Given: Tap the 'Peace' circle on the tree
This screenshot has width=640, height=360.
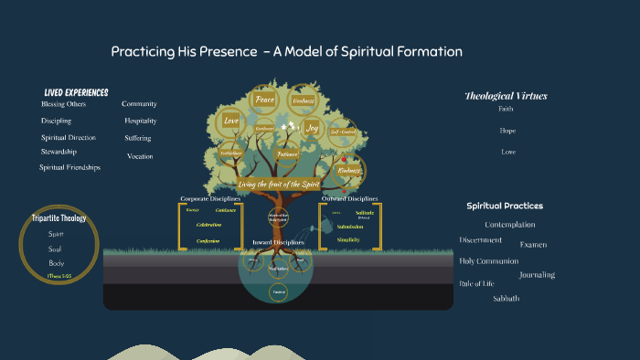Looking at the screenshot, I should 265,99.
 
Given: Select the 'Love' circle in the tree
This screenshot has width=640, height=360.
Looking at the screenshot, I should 231,121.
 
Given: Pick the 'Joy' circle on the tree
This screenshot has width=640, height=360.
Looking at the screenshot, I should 312,128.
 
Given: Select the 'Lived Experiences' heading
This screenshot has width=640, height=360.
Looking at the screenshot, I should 76,92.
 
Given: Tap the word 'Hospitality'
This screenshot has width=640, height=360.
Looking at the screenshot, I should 141,121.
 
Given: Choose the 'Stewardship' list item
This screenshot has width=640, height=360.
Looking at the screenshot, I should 59,152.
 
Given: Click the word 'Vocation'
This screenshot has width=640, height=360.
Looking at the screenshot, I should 140,156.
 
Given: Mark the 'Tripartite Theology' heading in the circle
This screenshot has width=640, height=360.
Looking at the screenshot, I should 59,218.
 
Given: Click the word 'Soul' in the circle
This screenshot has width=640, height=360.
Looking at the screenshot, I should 57,249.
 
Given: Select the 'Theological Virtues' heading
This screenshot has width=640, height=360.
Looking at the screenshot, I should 505,96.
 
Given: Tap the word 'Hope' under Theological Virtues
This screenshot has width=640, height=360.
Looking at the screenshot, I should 507,131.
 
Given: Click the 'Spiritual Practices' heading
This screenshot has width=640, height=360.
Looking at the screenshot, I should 505,206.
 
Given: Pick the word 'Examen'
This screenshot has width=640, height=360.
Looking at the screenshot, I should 533,245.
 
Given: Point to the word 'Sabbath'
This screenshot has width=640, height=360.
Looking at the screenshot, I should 506,299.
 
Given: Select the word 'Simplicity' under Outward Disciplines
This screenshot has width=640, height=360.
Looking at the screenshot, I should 347,239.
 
